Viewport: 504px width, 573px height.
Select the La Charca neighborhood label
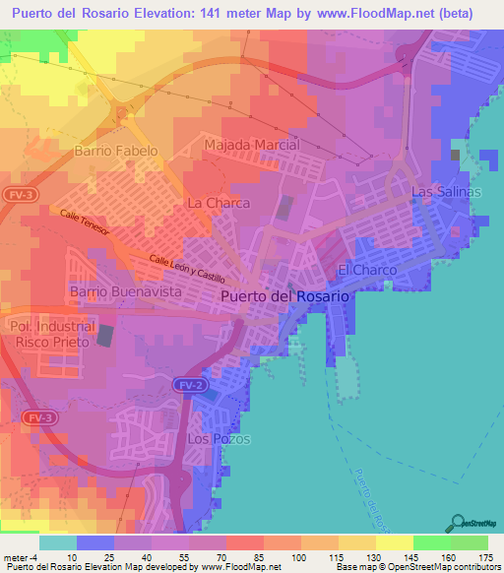[218, 203]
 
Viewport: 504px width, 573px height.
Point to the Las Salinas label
[446, 192]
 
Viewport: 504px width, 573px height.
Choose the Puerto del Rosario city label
[283, 295]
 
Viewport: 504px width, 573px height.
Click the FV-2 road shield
[193, 383]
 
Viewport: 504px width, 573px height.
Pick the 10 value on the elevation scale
[77, 556]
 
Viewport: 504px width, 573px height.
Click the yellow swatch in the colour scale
[394, 542]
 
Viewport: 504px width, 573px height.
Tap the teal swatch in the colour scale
[57, 542]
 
